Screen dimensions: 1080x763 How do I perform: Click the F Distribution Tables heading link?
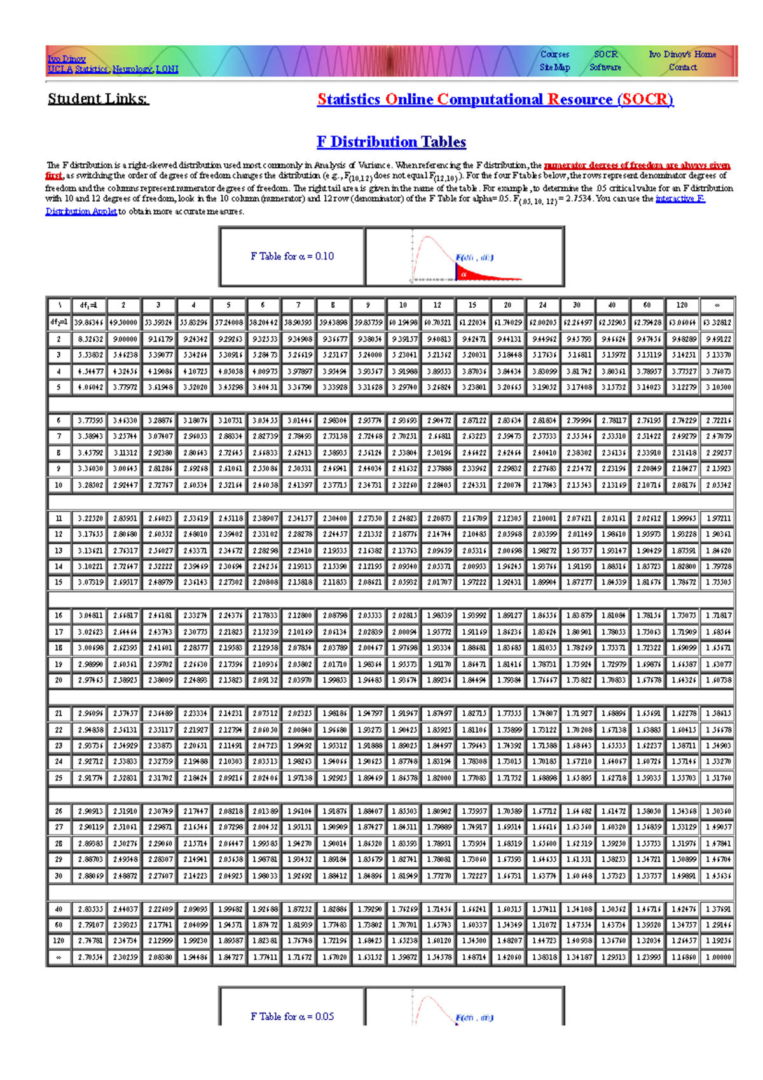point(391,142)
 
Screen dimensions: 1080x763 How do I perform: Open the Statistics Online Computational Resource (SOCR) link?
point(495,99)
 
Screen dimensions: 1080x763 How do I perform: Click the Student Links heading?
point(98,99)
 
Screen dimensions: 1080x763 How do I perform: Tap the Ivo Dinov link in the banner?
point(66,59)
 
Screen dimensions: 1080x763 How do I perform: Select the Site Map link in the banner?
point(554,67)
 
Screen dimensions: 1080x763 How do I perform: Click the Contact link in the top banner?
point(682,67)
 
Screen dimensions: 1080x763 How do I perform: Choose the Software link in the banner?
point(605,67)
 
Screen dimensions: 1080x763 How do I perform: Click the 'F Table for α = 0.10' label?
point(292,256)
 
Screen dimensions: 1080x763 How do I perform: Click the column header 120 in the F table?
point(682,305)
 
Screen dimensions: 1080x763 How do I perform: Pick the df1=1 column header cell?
point(88,305)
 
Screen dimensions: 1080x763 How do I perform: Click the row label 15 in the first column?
point(58,583)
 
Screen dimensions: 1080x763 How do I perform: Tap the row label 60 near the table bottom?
point(58,925)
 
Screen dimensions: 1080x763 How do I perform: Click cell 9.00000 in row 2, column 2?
point(123,340)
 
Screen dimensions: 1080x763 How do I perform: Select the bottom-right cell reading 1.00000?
point(718,957)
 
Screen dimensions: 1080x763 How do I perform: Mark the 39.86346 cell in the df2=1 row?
point(88,322)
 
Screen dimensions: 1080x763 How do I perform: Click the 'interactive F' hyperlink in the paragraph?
point(680,199)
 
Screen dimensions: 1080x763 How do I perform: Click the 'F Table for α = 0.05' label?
point(292,1016)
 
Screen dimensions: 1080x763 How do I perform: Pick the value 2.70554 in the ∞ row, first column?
point(88,957)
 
